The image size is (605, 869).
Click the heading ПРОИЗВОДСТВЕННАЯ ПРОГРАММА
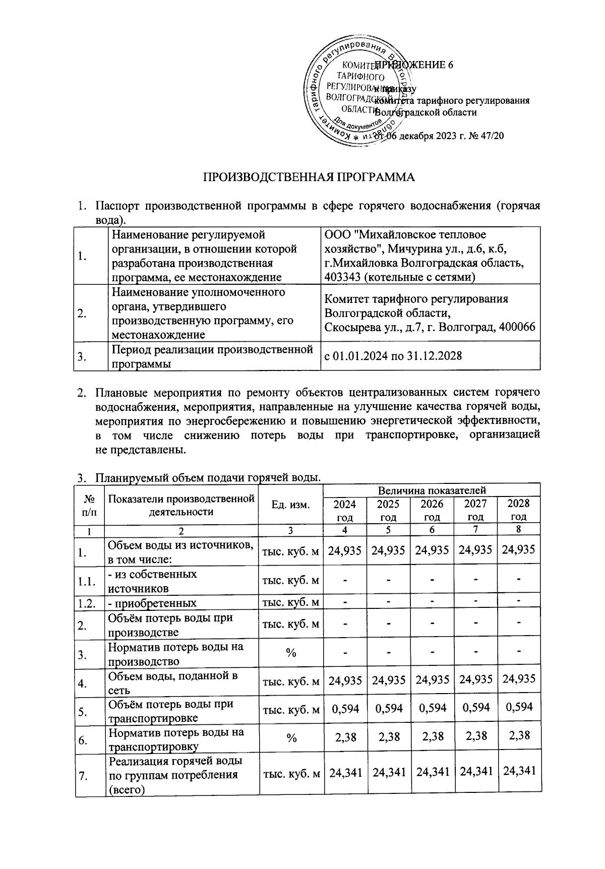point(309,177)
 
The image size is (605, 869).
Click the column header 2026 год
point(432,510)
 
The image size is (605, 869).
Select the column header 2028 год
point(518,510)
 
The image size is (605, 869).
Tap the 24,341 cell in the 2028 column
point(519,770)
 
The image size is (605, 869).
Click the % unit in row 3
point(290,653)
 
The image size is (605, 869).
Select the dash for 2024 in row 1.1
point(345,581)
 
